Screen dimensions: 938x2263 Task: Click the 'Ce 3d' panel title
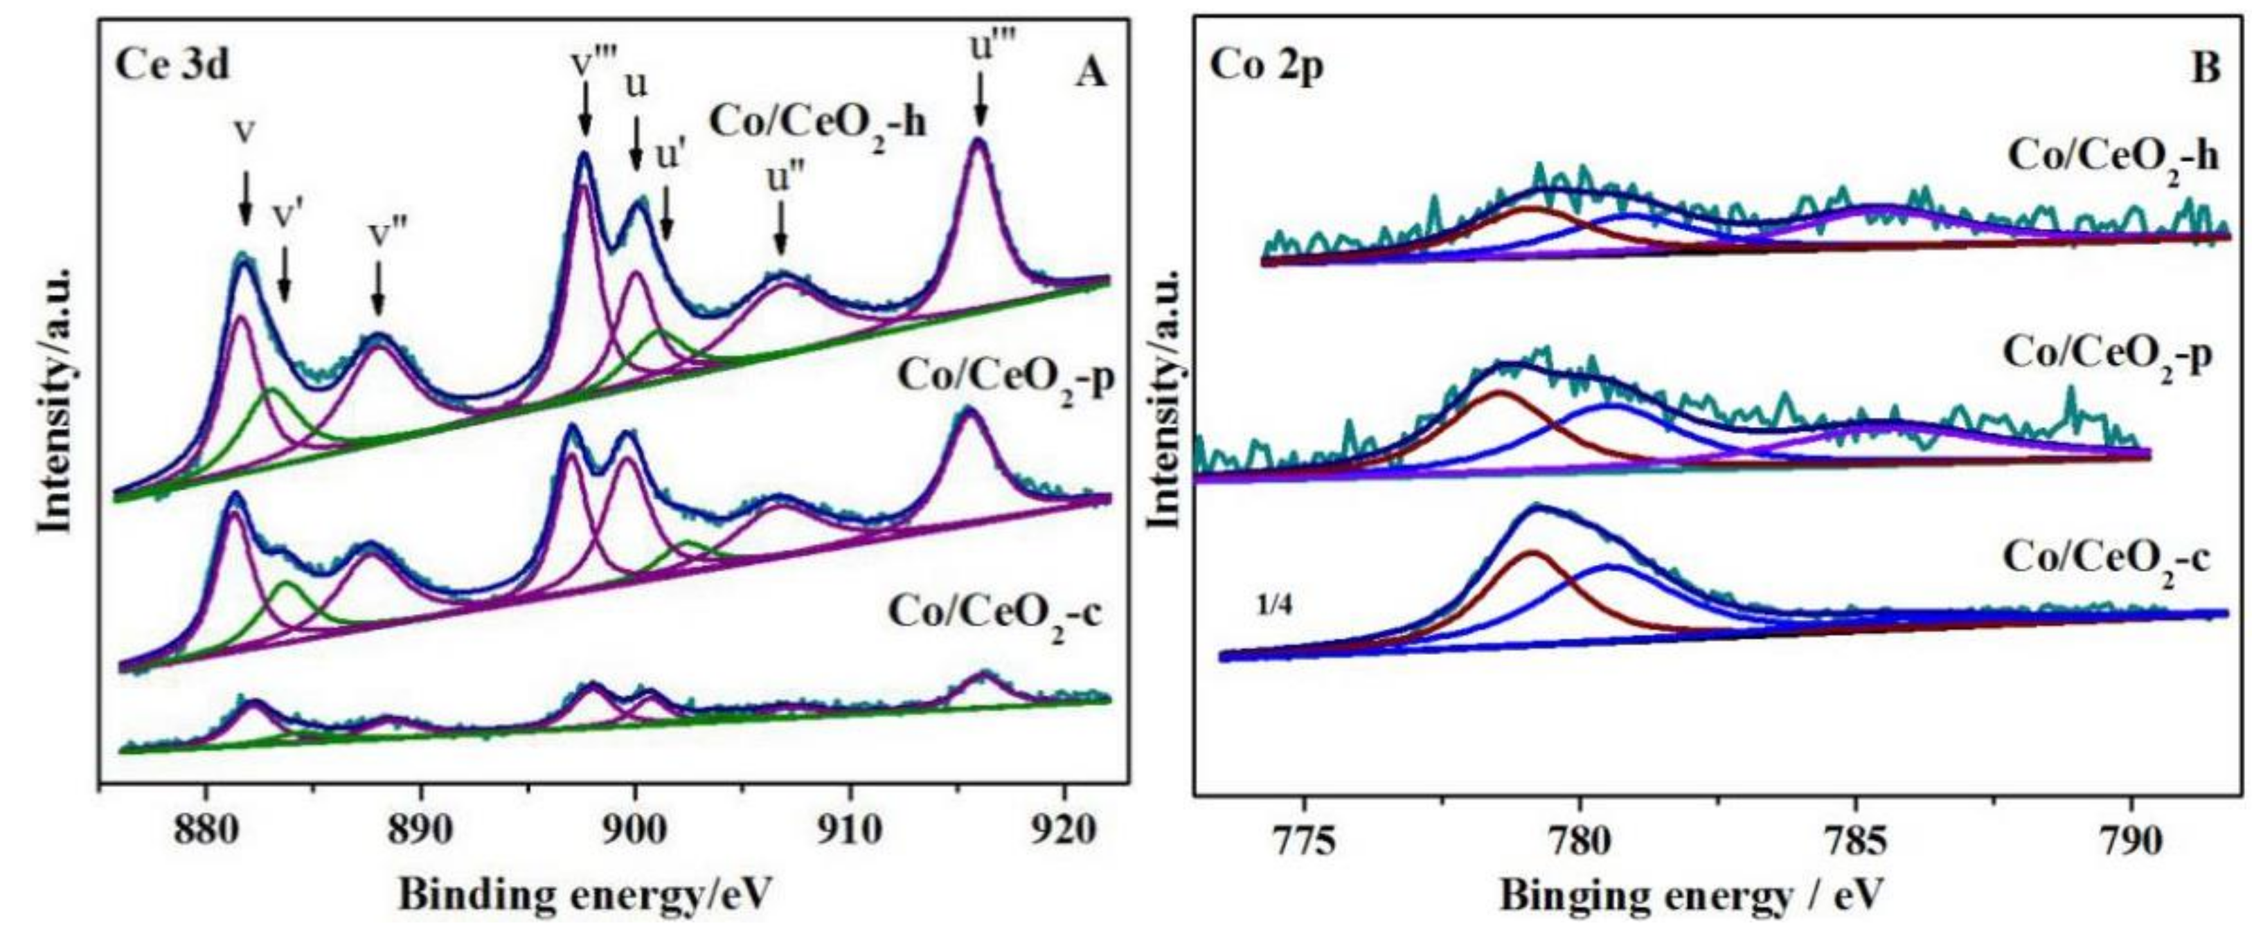point(172,66)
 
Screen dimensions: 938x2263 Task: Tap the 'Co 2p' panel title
point(1266,66)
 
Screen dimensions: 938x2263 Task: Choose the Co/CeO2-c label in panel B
point(2105,559)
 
